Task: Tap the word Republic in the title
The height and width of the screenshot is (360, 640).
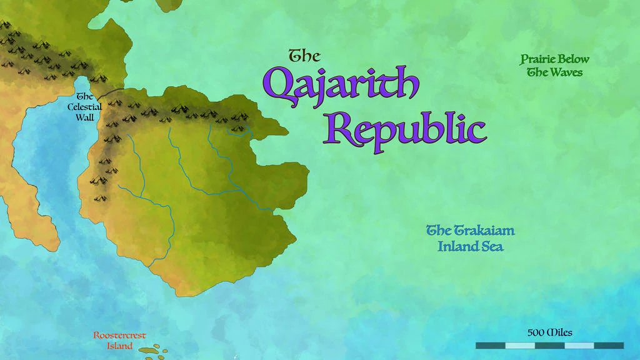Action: click(x=404, y=129)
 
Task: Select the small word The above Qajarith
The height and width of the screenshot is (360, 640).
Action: click(x=304, y=56)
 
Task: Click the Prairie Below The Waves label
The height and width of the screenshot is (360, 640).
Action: click(x=554, y=66)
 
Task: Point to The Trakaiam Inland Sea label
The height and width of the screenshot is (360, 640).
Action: click(x=470, y=238)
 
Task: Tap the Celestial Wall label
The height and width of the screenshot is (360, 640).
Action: click(x=84, y=107)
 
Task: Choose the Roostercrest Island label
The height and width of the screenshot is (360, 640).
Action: click(x=119, y=341)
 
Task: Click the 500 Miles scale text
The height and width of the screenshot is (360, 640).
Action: click(x=550, y=332)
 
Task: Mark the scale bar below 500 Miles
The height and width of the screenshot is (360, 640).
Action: click(x=549, y=345)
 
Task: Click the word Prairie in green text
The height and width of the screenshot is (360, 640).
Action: click(x=538, y=59)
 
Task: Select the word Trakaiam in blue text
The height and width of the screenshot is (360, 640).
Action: click(x=484, y=230)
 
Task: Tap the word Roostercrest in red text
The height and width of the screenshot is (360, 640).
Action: click(x=119, y=336)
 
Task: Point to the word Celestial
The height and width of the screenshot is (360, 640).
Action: click(x=84, y=107)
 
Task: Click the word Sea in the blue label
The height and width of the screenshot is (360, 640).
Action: click(x=492, y=246)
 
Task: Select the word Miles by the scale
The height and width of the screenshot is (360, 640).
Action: click(x=559, y=332)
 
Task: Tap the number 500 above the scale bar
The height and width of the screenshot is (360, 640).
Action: click(x=536, y=332)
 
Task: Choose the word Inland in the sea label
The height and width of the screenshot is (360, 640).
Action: click(x=457, y=246)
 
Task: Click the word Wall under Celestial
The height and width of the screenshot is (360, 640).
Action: click(x=84, y=117)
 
